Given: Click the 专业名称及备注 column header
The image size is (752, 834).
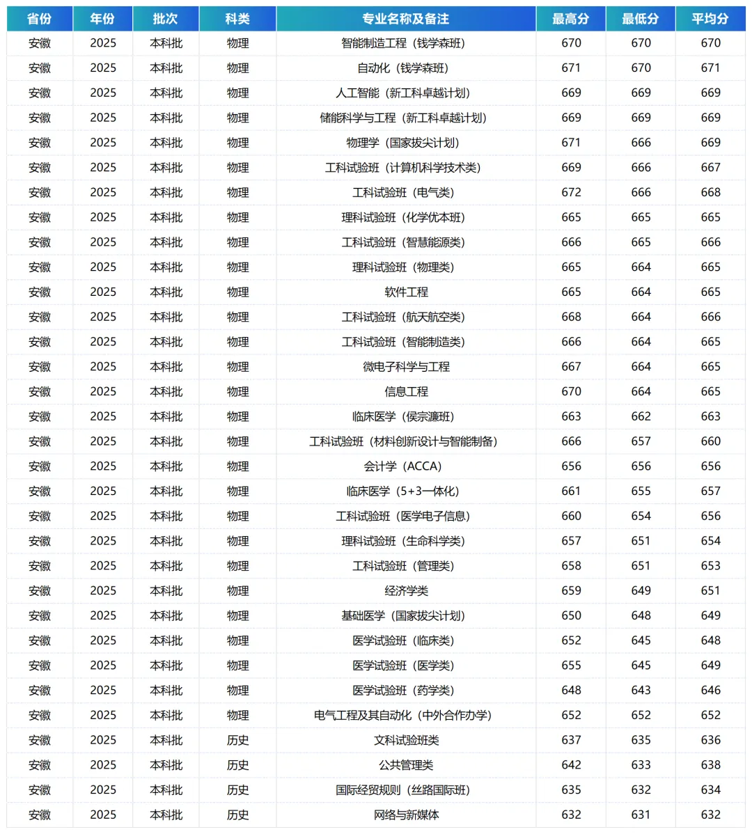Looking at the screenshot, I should pos(406,19).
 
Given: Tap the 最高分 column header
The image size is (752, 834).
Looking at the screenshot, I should pos(571,19).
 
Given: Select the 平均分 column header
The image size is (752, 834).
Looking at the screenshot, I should pos(710,19).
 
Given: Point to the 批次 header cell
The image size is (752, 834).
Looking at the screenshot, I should pos(166,19).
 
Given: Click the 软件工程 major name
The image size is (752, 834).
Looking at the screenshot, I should pos(406,292).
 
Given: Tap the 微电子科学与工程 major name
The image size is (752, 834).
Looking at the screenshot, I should pos(406,367).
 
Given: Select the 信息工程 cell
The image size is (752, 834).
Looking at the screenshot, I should pos(406,392).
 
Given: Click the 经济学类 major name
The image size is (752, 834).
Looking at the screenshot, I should pos(406,591).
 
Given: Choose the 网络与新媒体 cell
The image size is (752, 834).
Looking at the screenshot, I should pos(406,815).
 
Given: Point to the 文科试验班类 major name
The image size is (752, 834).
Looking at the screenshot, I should pos(406,740).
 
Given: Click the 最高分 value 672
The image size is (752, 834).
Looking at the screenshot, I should pos(571,193).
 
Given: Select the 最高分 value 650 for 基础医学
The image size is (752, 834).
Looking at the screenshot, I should pos(571,616).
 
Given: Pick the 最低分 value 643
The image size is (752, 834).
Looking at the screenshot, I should pos(641,691).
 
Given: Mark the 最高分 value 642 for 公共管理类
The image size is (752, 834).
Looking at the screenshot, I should pos(571,765).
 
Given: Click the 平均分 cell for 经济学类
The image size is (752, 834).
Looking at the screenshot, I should pos(710,591).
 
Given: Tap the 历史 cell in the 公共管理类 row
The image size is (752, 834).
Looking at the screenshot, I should pos(237,765).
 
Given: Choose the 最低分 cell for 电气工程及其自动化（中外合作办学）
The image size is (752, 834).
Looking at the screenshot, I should pos(641,716).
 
